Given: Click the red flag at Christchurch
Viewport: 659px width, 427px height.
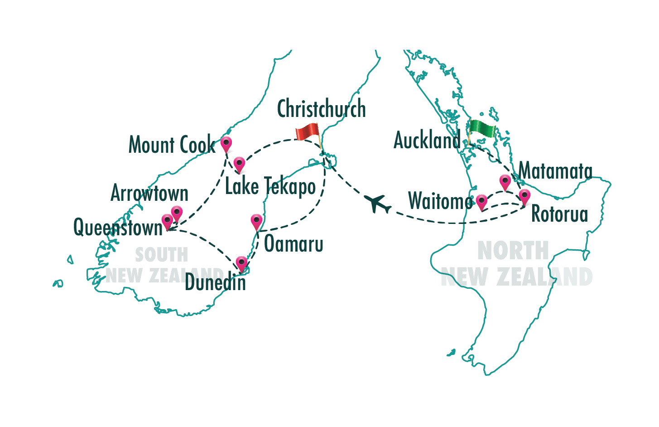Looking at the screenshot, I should [308, 132].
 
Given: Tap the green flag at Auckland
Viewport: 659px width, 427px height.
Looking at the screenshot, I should [481, 129].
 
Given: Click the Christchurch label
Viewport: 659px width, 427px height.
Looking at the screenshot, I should [321, 109].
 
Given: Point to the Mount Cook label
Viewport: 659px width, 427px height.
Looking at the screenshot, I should [172, 145].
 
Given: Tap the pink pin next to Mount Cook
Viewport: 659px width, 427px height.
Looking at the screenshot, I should [226, 144].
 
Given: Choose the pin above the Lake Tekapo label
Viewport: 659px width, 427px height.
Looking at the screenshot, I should [239, 164].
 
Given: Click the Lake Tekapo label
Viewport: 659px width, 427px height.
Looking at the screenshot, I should [270, 187].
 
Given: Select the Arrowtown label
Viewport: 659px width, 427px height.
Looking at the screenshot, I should [149, 194].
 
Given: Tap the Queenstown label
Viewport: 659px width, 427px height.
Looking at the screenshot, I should [118, 227].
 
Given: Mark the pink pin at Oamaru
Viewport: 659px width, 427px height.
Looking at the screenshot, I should [257, 222].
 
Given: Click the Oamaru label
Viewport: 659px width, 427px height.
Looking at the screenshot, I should [293, 244].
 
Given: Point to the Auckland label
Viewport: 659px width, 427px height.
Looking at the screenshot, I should [427, 140].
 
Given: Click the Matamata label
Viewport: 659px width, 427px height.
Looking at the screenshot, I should [555, 171].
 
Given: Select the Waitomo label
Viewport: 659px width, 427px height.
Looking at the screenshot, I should [440, 201].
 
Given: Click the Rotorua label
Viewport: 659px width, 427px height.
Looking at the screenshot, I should [559, 214].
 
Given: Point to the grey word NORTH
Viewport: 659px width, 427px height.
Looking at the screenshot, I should [513, 250].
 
